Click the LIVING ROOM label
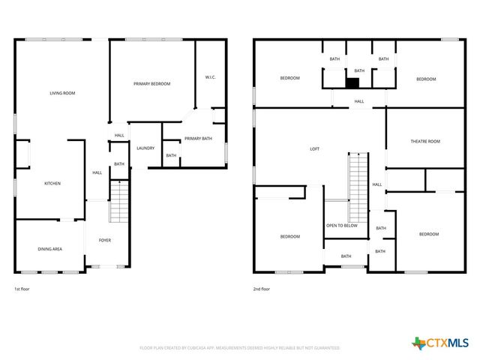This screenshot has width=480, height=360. click(62, 93)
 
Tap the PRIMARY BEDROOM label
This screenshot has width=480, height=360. click(152, 84)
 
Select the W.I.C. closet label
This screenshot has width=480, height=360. click(210, 77)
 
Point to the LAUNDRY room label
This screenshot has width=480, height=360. click(145, 148)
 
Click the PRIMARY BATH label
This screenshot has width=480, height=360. click(198, 139)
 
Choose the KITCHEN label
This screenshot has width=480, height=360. click(52, 184)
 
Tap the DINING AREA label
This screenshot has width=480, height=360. click(50, 248)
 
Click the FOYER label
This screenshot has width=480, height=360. click(105, 240)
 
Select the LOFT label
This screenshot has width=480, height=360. click(315, 148)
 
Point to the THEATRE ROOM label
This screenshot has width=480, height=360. click(424, 141)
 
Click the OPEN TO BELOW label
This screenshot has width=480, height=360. click(341, 225)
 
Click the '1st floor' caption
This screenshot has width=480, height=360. click(22, 289)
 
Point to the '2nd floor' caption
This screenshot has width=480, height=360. click(262, 289)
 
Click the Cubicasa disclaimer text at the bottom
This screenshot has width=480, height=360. click(240, 348)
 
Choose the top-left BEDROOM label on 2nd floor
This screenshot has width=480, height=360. click(290, 79)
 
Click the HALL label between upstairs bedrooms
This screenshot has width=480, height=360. click(359, 101)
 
